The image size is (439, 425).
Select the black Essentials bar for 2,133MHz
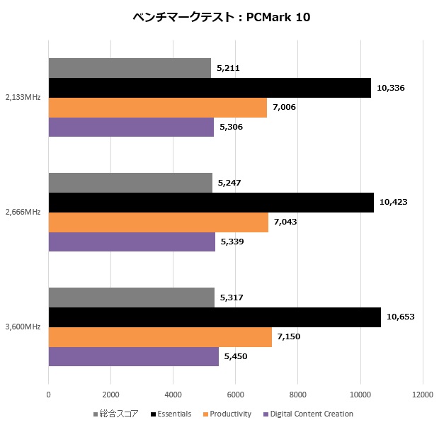pos(210,88)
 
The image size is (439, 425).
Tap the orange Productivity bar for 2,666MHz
pos(159,222)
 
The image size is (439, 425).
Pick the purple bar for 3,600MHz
pos(133,357)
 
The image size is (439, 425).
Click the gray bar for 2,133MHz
pos(130,68)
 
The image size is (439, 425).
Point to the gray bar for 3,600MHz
pos(131,297)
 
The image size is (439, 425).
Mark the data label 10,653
pos(400,317)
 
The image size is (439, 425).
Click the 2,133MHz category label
pos(23,98)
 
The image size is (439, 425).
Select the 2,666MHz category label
pos(23,212)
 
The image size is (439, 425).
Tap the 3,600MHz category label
pos(23,327)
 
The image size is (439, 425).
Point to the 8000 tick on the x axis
pos(297,395)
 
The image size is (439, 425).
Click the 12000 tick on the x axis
pos(422,395)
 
